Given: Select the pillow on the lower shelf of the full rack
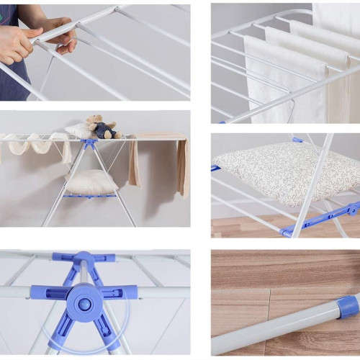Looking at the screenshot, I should tap(91, 181).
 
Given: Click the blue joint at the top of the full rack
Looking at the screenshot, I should tap(91, 143).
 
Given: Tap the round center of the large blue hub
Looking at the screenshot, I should tap(85, 303).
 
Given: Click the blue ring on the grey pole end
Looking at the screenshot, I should tap(348, 307).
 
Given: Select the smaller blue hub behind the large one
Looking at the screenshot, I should tap(85, 258).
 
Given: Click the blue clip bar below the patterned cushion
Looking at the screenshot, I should tap(320, 218).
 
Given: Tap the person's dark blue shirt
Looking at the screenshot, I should tap(10, 79).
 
